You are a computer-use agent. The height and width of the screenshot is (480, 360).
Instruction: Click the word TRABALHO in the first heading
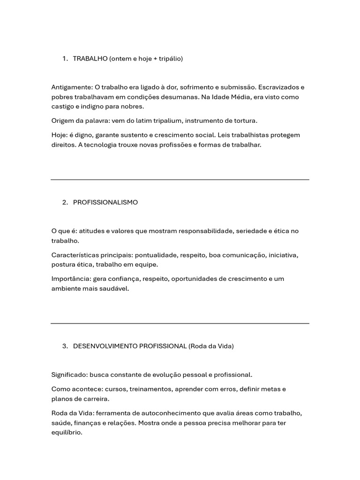(90, 59)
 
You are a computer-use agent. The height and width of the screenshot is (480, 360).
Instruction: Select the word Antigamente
(72, 87)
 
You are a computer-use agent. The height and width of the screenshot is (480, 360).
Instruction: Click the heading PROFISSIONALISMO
(105, 202)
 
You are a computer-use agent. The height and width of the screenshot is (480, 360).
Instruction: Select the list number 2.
(64, 202)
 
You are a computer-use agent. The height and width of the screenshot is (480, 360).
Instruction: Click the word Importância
(71, 279)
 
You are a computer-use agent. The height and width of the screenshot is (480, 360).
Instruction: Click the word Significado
(69, 375)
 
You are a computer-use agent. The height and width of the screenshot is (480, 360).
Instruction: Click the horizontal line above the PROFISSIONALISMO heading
(180, 180)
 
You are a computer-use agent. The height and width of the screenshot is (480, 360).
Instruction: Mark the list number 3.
(64, 346)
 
